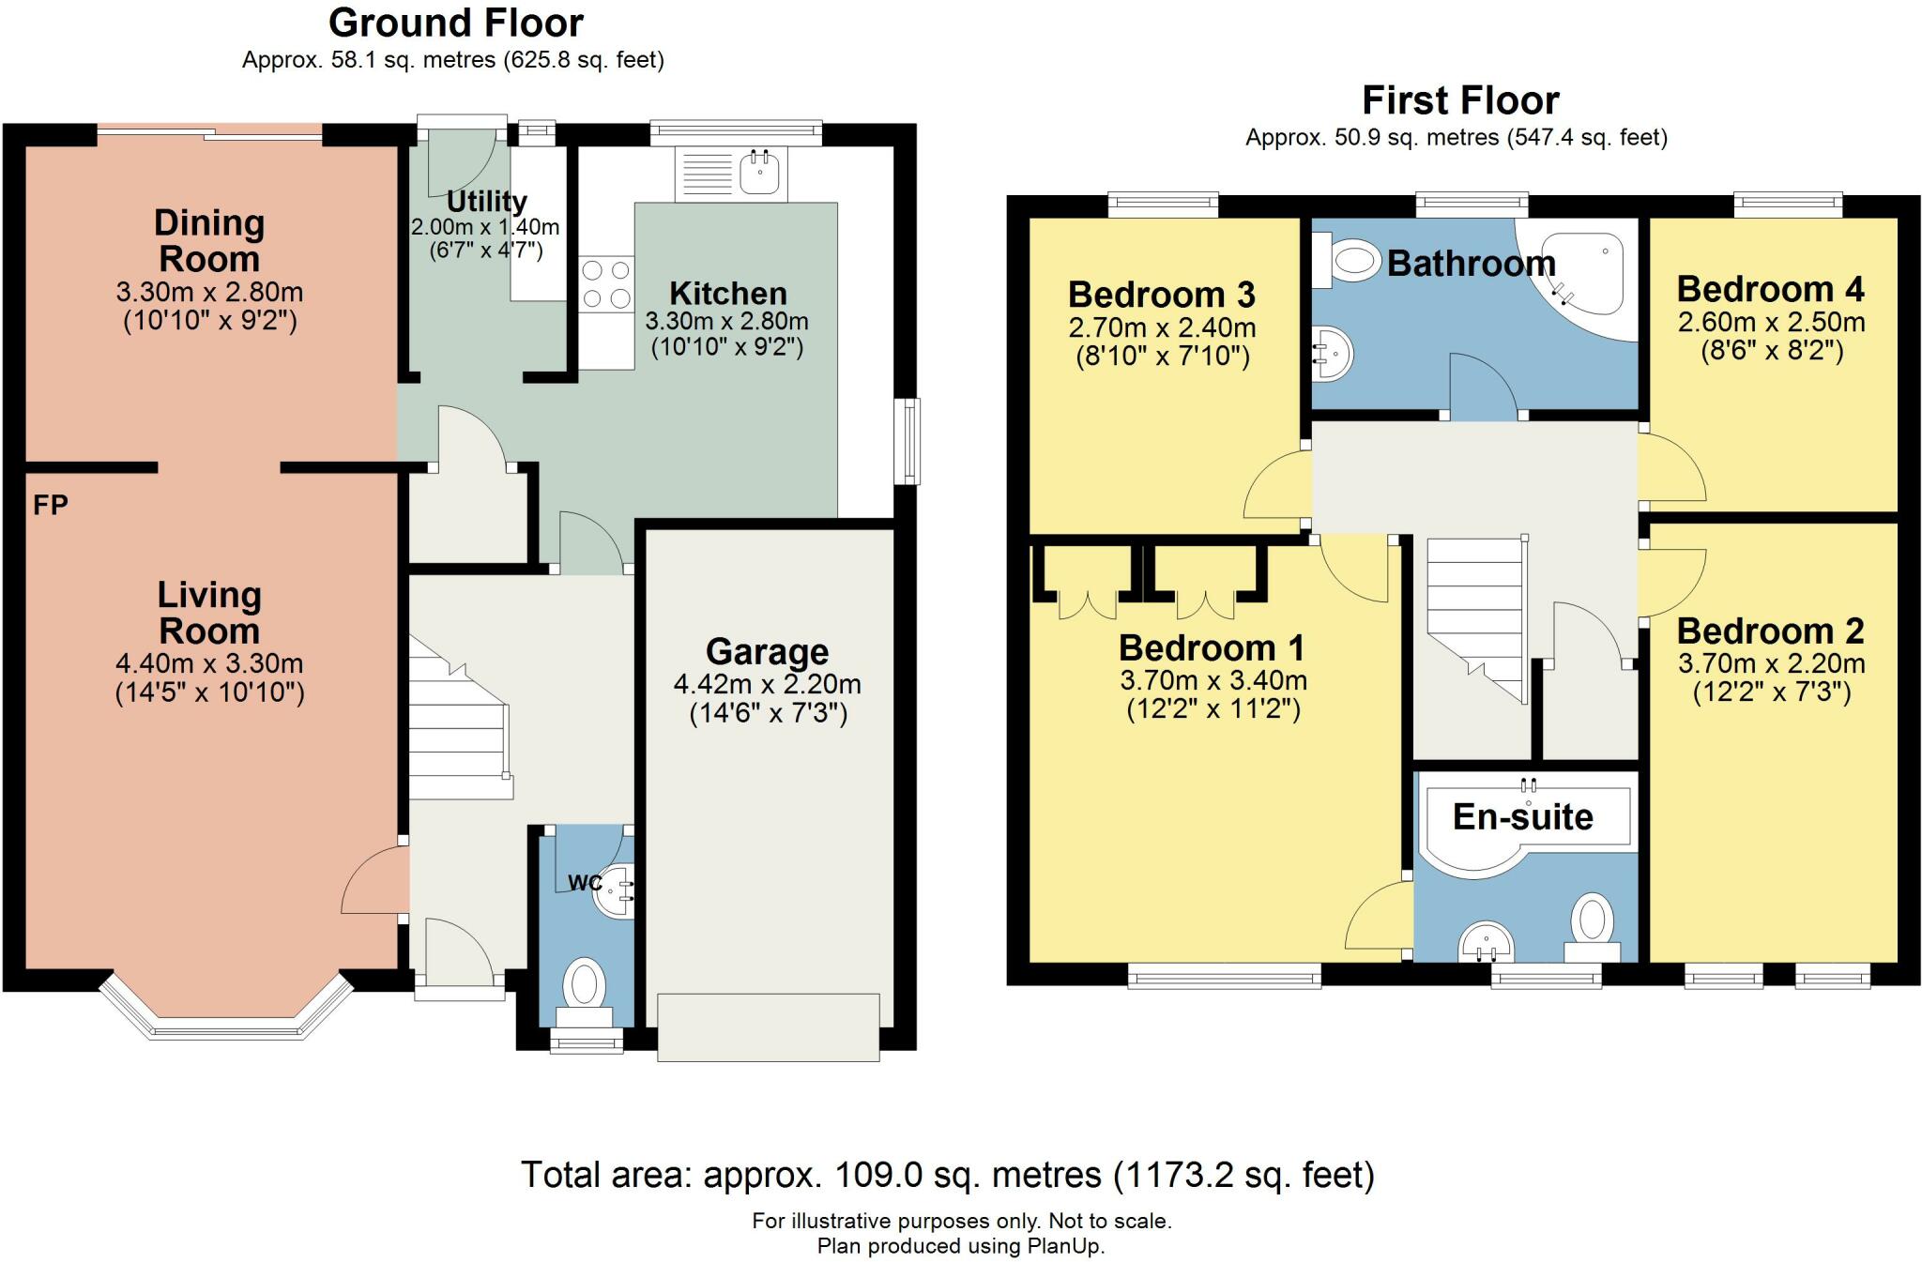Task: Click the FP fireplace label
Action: click(x=51, y=506)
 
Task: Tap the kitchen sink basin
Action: click(x=760, y=172)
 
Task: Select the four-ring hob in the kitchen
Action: click(x=606, y=284)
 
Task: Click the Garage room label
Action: click(x=768, y=651)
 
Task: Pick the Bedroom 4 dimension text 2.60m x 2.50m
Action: click(x=1772, y=322)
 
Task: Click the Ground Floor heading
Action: click(x=456, y=23)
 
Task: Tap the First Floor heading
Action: click(x=1460, y=99)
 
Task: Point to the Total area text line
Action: click(x=948, y=1175)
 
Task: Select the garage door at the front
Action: click(x=769, y=1027)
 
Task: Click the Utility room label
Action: click(x=486, y=201)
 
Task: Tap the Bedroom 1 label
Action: click(x=1212, y=647)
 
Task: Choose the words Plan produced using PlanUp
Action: click(x=961, y=1246)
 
